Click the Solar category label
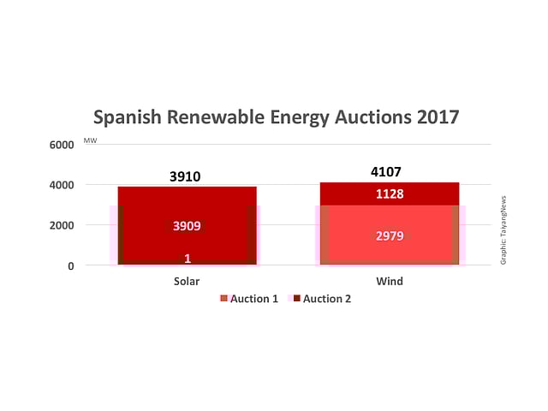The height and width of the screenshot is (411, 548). (x=187, y=281)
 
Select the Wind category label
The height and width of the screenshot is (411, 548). (x=390, y=281)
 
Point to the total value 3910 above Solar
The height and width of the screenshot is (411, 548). (x=187, y=177)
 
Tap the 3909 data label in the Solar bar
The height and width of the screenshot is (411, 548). (x=187, y=227)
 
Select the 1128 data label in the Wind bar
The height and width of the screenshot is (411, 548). (x=390, y=194)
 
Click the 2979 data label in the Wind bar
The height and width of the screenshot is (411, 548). (x=390, y=235)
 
